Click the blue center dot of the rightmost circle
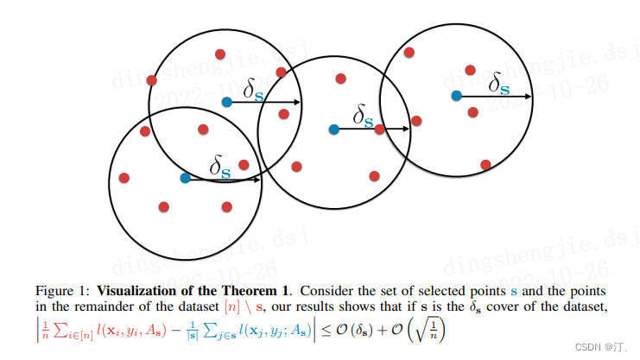coord(455,95)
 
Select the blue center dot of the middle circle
coord(334,129)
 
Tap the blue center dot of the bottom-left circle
coord(185,178)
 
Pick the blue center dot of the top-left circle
coord(226,102)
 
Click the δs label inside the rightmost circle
coord(498,83)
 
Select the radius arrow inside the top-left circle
coord(263,103)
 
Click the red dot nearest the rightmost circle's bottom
coord(486,164)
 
